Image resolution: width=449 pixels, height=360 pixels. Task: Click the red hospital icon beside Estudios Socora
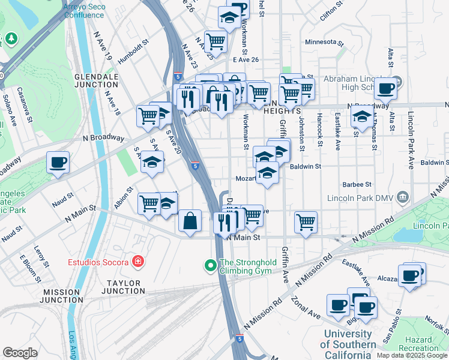pos(138,262)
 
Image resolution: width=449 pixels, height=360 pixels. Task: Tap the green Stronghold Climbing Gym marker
pos(210,265)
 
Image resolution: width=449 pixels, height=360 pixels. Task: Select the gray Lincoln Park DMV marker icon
pos(403,198)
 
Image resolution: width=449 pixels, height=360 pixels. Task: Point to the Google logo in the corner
pos(20,353)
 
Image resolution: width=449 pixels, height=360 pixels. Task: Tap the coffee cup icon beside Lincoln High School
pos(386,89)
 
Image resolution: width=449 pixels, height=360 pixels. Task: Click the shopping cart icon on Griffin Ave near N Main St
pos(306,222)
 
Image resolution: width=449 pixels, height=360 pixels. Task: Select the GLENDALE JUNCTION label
pos(96,81)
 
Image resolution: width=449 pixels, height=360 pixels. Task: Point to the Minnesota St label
pos(324,43)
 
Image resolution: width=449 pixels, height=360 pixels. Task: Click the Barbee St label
pos(357,185)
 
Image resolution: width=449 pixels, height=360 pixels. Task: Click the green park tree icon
pos(11,39)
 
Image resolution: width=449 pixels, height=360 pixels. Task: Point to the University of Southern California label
pos(348,339)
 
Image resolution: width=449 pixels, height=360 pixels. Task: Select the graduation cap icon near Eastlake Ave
pos(362,118)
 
